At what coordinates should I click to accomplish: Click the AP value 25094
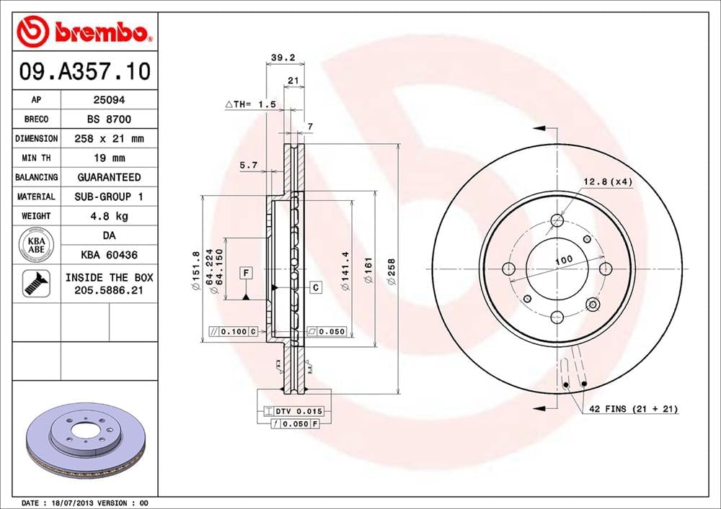[108, 100]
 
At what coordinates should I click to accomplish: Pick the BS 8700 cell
[108, 119]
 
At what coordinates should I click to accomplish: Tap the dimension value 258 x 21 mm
[108, 138]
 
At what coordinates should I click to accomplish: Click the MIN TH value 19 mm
[108, 158]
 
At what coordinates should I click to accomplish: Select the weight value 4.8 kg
[108, 215]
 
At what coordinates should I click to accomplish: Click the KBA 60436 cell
[108, 254]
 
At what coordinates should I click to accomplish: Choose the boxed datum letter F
[247, 273]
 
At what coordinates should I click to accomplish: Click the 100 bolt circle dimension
[564, 259]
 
